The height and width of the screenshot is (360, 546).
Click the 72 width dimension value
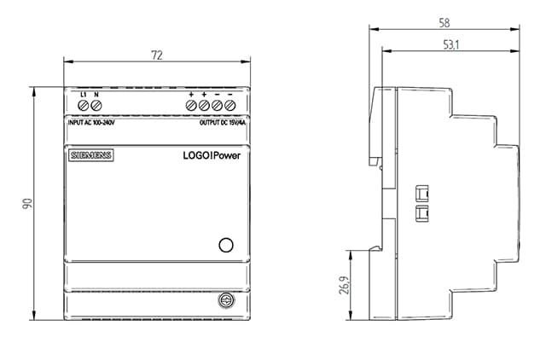(157, 55)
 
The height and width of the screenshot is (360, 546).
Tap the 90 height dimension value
(27, 204)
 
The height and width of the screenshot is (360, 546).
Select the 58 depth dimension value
(444, 23)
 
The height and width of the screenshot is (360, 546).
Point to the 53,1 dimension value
(451, 45)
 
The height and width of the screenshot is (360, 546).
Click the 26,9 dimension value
(344, 286)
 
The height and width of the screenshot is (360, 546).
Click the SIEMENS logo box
(91, 155)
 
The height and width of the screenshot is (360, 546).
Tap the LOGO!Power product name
(212, 155)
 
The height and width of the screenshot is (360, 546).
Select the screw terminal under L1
(84, 105)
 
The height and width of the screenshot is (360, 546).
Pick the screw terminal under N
(96, 105)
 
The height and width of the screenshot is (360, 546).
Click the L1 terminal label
(84, 95)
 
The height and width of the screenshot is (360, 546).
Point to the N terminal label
(96, 95)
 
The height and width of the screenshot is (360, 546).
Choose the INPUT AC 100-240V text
(91, 123)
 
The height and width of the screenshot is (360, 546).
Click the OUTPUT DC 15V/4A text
(223, 123)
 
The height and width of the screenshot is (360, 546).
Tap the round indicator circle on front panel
(226, 245)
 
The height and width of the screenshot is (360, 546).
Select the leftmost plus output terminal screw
(191, 105)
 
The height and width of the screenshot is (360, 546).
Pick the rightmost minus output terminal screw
(229, 105)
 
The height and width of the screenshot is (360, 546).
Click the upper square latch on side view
(422, 194)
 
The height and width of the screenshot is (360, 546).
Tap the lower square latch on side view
(422, 213)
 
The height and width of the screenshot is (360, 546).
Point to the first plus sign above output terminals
(191, 95)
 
